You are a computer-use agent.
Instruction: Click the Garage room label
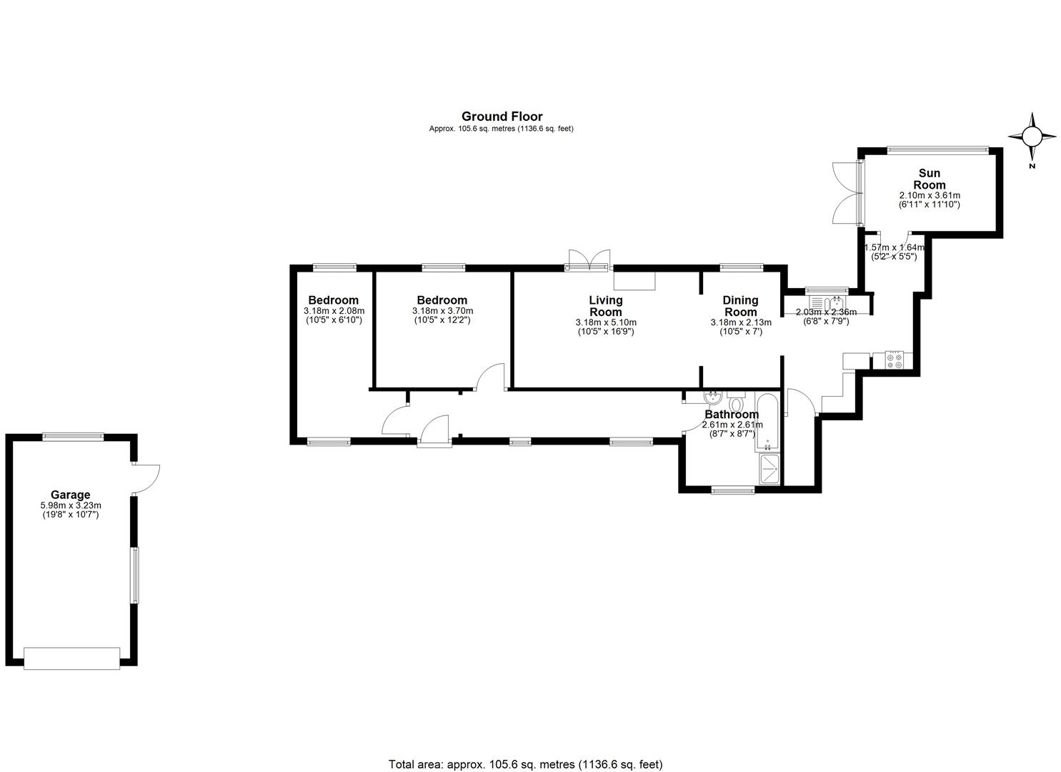coord(71,495)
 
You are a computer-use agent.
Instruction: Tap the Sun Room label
coord(930,179)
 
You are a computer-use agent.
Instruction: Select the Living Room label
coord(606,306)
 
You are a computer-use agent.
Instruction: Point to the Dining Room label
coord(741,306)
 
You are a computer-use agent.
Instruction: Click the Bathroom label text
coord(732,415)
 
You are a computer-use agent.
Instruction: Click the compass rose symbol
coord(1032,137)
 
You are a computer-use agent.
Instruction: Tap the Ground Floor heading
coord(502,117)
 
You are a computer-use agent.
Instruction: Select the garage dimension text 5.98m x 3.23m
coord(71,505)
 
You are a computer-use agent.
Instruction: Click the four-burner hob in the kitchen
coord(895,360)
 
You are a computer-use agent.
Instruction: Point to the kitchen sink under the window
coord(827,302)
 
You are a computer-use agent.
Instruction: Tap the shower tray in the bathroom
coord(769,469)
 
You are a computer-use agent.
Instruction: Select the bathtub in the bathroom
coord(767,421)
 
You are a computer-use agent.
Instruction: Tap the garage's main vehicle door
coord(72,659)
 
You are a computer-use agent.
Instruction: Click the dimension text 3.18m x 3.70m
coord(442,311)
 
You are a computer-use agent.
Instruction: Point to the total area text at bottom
coord(526,751)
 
